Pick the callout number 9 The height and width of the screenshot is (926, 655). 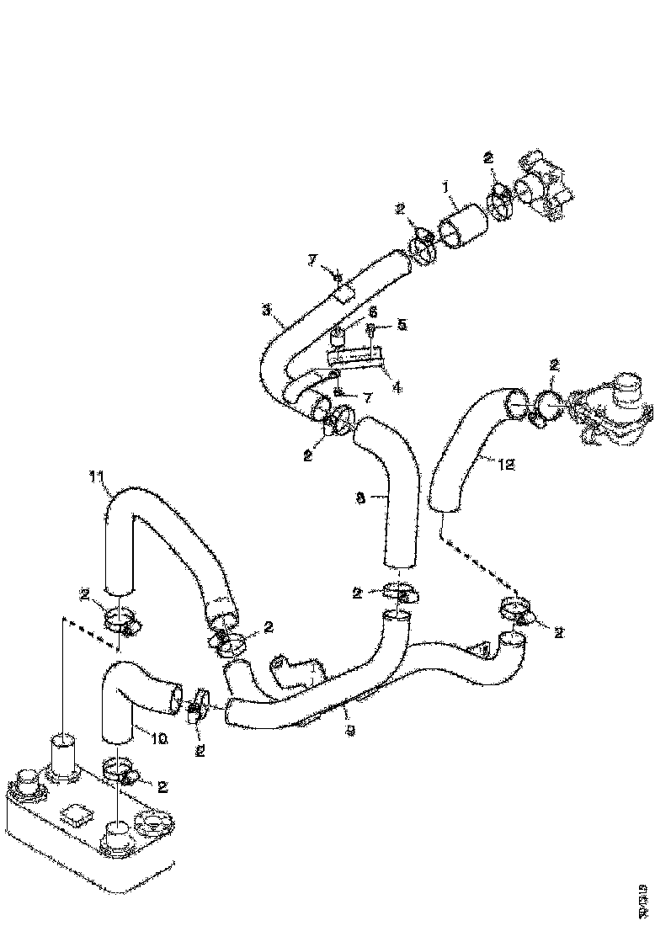[x=349, y=732]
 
